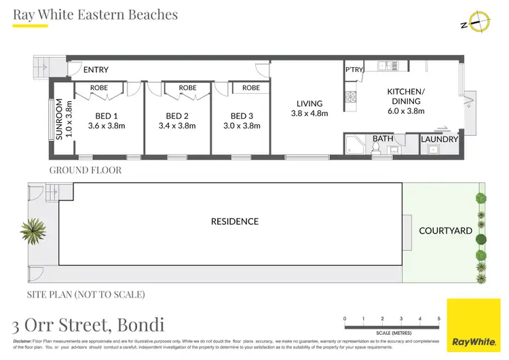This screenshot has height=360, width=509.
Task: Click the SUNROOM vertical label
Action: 60,120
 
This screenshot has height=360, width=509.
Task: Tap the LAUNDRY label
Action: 439,140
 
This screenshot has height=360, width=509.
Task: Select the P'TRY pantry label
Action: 354,70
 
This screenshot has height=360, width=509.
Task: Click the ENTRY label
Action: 96,70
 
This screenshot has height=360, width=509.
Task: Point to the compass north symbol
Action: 479,23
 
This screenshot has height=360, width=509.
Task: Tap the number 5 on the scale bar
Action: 438,318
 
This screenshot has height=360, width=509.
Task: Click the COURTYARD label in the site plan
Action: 445,231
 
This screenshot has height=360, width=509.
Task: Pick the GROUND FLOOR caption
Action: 86,170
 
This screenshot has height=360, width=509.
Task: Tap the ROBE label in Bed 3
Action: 251,88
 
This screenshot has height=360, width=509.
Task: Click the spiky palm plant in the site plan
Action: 33,232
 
